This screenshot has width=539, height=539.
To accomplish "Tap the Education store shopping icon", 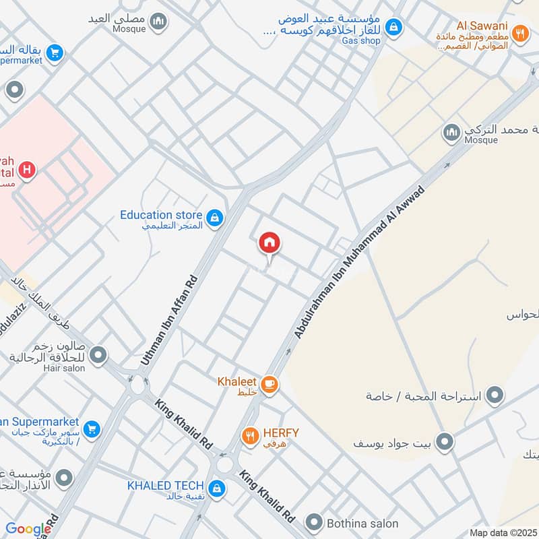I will click(x=215, y=217).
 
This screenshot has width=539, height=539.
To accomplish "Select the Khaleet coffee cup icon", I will click(x=269, y=384).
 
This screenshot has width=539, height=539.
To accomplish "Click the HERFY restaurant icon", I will click(x=251, y=436).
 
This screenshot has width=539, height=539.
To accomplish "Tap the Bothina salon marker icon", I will click(x=313, y=522).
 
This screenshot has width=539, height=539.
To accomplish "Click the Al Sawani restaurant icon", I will click(x=519, y=32).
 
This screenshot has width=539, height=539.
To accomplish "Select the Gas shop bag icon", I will click(x=395, y=28).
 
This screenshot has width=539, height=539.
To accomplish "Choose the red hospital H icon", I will click(x=28, y=169).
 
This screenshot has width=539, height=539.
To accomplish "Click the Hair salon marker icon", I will click(x=99, y=354).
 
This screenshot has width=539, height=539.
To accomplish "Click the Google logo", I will click(x=28, y=530).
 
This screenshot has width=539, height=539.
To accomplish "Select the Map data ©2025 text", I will click(x=502, y=533).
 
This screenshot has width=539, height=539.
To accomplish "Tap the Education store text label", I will click(x=161, y=215).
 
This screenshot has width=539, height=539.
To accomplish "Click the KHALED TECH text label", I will click(x=165, y=486).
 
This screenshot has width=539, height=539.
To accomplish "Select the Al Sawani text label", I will click(x=481, y=26).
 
